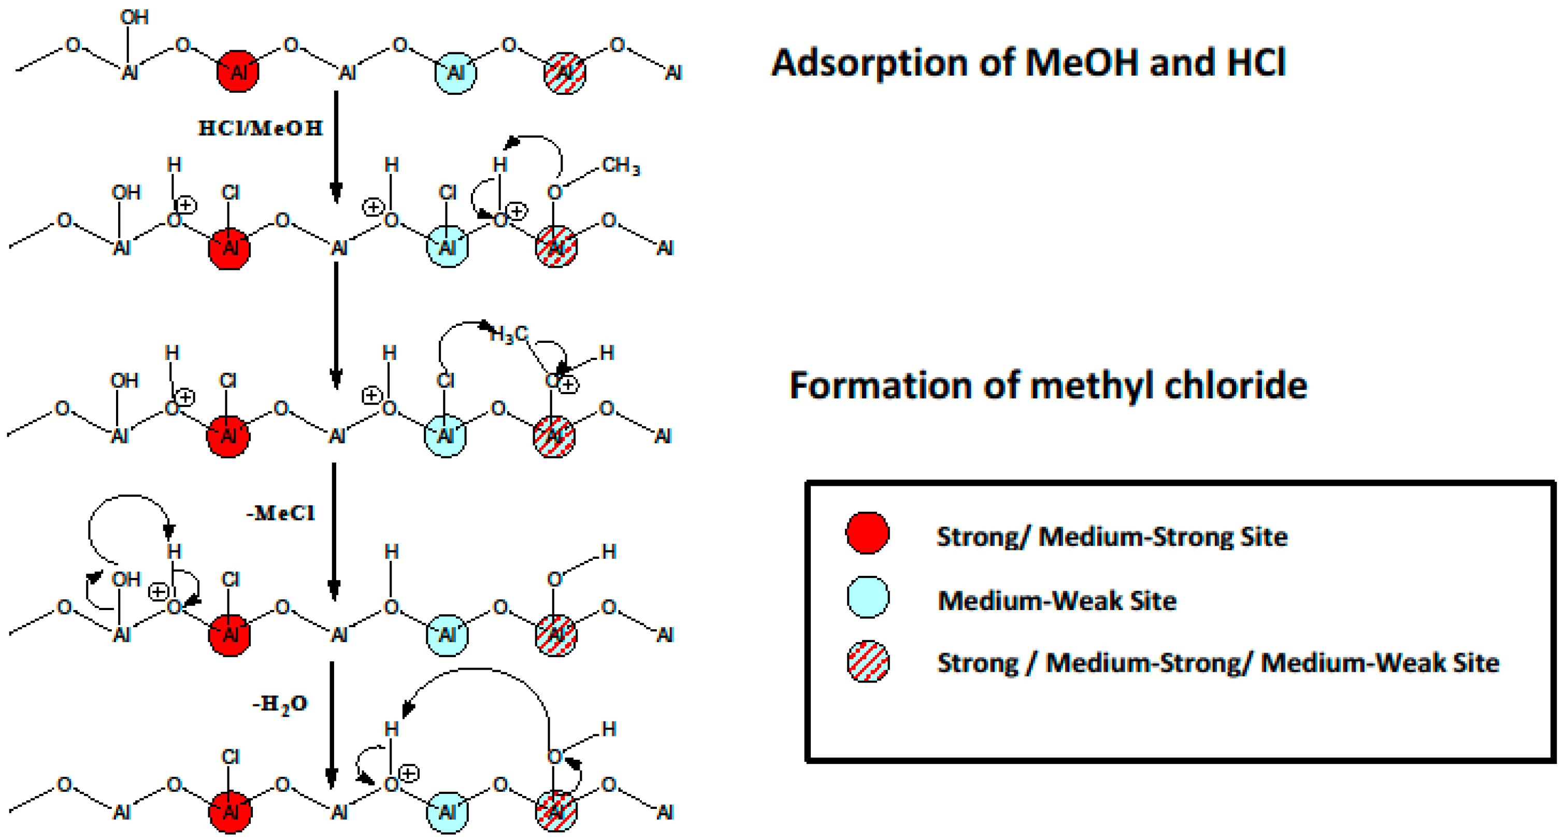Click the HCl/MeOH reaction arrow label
click(261, 128)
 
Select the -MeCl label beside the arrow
click(280, 513)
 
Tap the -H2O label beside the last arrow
click(280, 704)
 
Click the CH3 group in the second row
click(620, 165)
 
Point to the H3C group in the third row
click(509, 334)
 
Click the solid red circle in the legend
click(867, 533)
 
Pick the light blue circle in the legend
click(867, 598)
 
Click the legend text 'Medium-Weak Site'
click(1056, 601)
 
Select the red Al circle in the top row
click(237, 71)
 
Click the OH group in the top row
click(134, 17)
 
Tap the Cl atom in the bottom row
click(230, 757)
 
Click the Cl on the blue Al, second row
click(447, 193)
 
